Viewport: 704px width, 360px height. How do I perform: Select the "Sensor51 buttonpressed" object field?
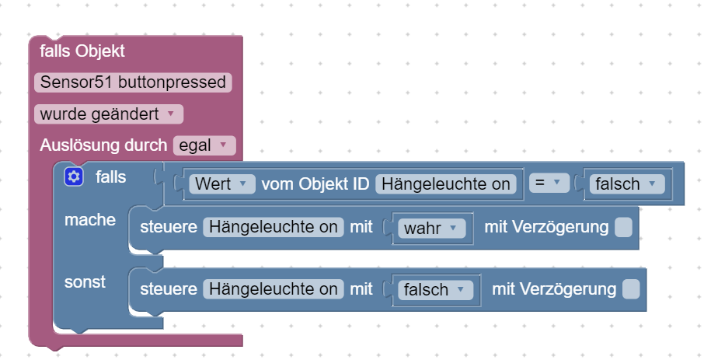coord(133,82)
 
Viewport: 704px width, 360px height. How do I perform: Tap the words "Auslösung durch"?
coord(103,145)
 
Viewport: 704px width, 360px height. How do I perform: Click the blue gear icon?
coord(74,177)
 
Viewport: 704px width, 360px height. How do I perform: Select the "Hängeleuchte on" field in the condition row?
coord(446,184)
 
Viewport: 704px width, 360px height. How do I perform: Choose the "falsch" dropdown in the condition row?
coord(627,184)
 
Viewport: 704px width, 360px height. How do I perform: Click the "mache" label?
coord(90,220)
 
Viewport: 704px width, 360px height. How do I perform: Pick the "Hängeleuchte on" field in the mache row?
coord(273,227)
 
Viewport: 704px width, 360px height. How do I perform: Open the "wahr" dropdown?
coord(431,228)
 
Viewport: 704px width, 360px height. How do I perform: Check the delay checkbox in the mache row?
coord(623,227)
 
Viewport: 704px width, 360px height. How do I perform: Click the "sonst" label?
coord(85,281)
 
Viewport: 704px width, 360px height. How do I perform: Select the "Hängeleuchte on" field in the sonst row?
coord(273,289)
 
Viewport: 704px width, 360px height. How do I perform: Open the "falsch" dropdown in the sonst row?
coord(436,290)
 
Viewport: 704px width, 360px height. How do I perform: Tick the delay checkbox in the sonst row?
coord(631,289)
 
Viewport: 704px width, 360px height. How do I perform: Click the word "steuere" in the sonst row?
coord(168,289)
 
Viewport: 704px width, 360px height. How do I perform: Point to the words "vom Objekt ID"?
coord(315,184)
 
